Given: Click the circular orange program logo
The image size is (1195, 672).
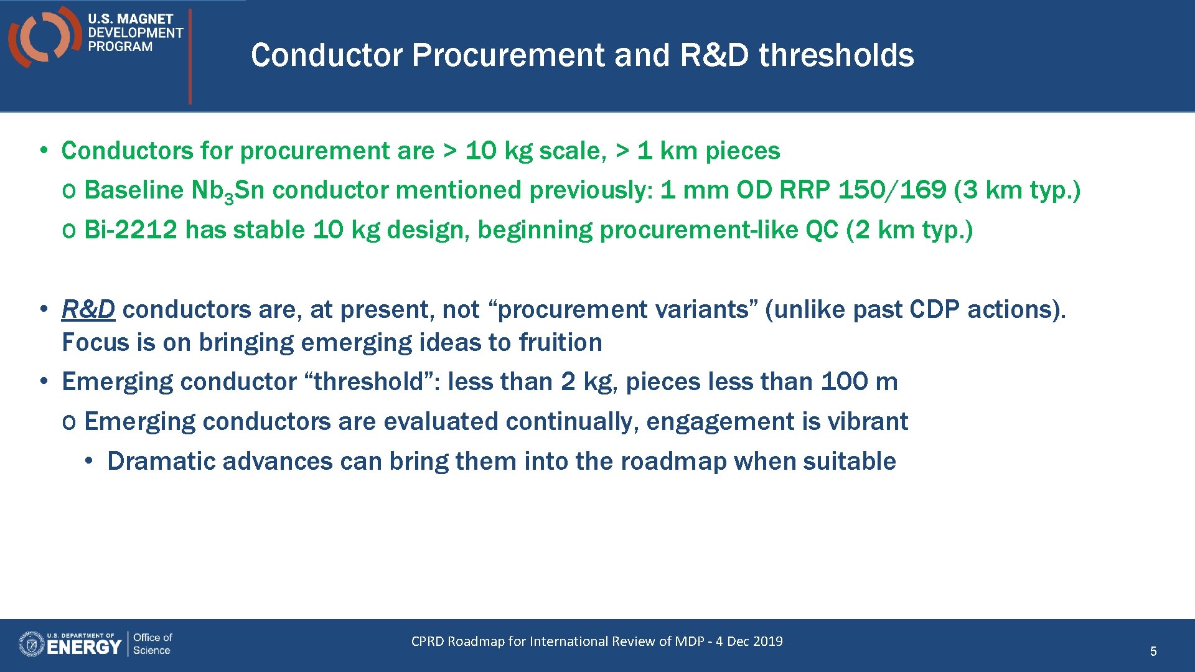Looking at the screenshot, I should click(x=44, y=36).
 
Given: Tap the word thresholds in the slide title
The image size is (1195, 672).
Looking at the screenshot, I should click(x=836, y=55).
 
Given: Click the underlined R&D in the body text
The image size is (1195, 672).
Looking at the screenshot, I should click(x=88, y=309).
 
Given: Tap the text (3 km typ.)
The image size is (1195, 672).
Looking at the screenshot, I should click(x=1017, y=190).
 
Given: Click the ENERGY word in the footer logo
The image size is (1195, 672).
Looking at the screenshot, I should click(x=83, y=648).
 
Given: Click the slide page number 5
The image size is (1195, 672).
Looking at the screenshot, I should click(x=1153, y=651).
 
